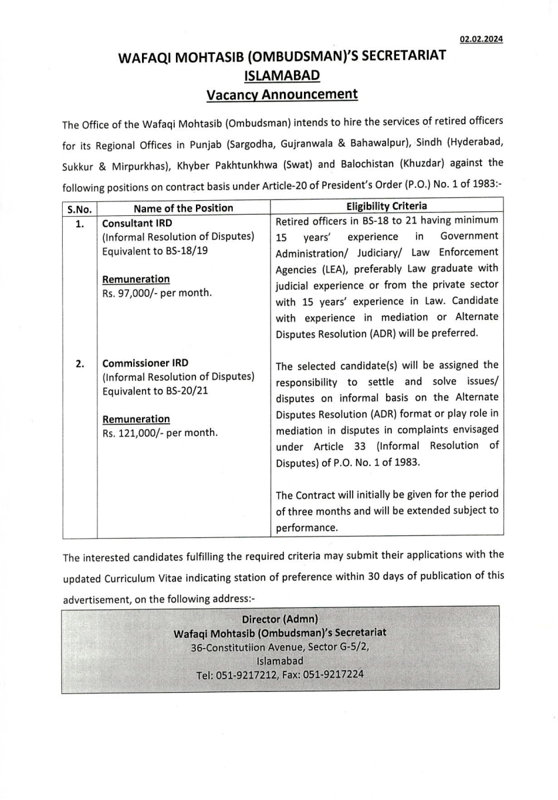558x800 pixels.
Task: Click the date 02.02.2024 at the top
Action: [481, 39]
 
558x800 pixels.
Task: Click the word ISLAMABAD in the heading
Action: [282, 75]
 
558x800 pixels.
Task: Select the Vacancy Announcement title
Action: [282, 95]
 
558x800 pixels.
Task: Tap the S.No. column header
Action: [79, 208]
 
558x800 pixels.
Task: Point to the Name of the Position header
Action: [183, 208]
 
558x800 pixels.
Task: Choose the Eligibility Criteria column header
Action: [387, 207]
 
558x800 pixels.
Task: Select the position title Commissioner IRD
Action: [145, 363]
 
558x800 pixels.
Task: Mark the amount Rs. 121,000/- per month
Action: [159, 433]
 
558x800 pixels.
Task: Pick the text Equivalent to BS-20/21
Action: [155, 391]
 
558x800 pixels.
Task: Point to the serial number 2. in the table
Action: [79, 364]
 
